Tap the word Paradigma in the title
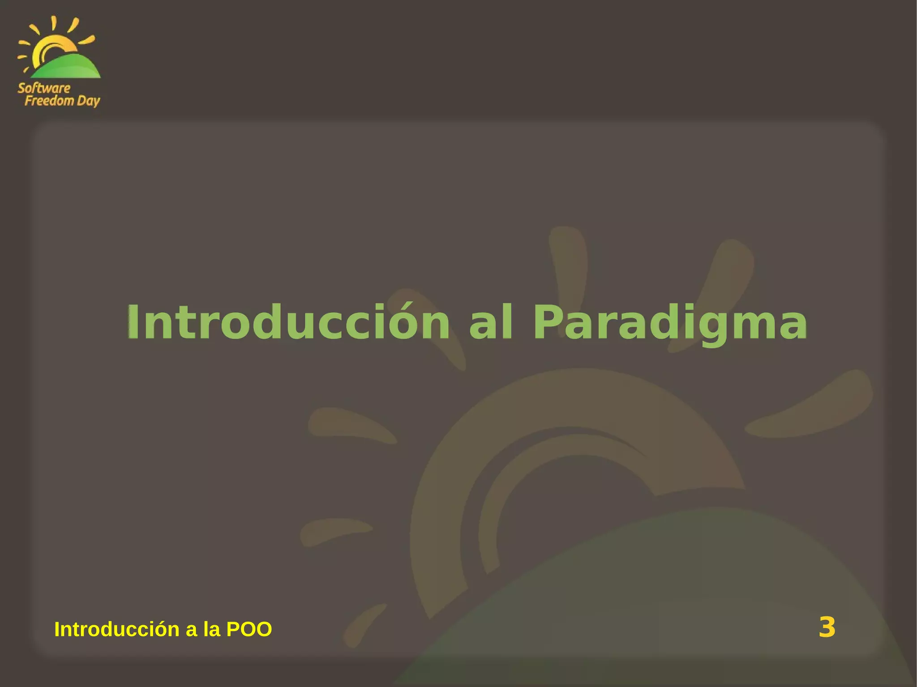pos(670,322)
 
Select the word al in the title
pos(490,322)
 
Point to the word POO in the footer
pos(249,629)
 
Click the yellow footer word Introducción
pos(117,629)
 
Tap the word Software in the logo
pos(44,88)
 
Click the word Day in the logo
pos(88,101)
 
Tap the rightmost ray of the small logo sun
pos(87,40)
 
